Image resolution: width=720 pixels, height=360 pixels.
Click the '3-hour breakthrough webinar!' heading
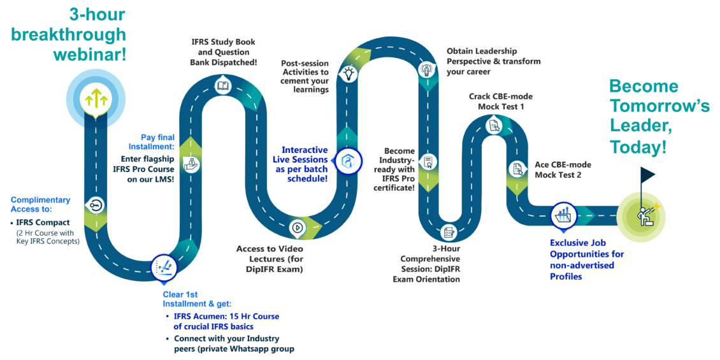coord(90,35)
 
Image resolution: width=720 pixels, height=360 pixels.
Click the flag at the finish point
coord(647,174)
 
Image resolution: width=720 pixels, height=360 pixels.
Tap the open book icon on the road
coord(222,85)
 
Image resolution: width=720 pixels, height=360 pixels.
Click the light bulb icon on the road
coord(349,73)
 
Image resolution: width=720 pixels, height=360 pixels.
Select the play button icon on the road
coord(296,226)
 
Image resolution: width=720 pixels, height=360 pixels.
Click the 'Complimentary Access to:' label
coord(40,204)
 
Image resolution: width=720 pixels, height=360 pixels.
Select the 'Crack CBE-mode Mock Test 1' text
coord(501,101)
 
